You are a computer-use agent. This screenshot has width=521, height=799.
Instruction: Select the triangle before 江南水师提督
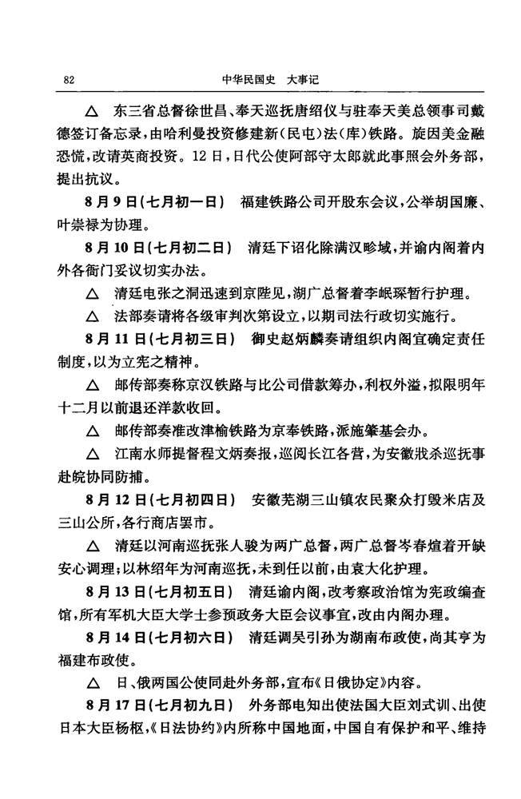[x=93, y=457]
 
